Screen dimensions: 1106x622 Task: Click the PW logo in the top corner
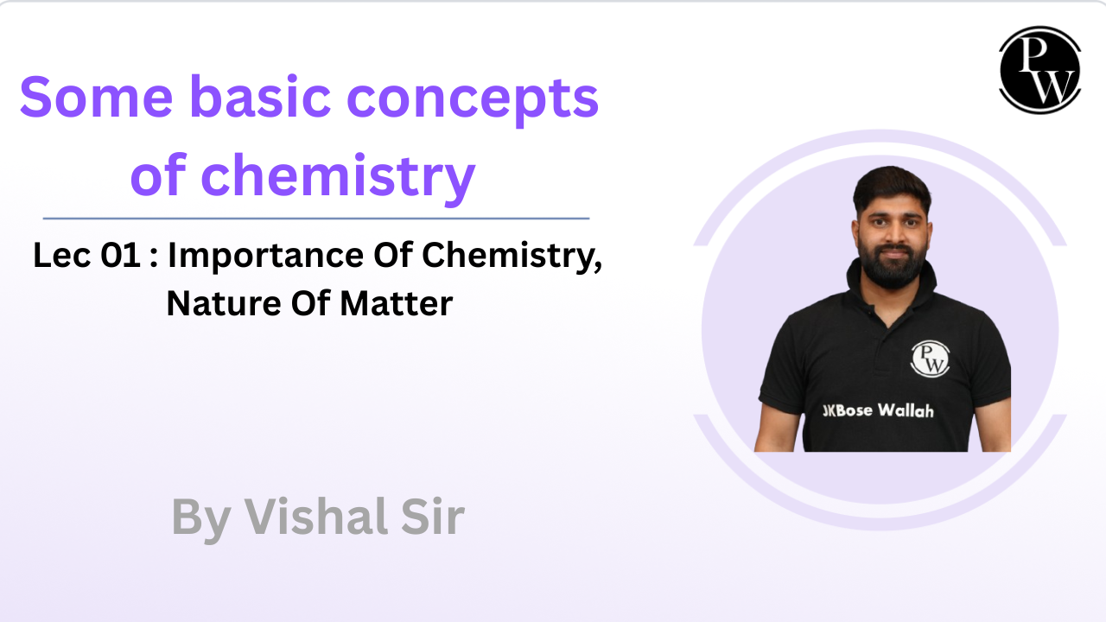click(1039, 70)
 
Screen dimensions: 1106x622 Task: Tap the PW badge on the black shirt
click(930, 359)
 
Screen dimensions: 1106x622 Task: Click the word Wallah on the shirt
click(906, 410)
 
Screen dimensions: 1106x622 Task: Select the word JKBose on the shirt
click(848, 410)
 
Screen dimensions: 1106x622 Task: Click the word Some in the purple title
click(96, 98)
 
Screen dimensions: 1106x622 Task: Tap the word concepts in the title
click(473, 101)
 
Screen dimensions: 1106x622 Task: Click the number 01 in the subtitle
click(120, 256)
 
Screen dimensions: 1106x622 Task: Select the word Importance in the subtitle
click(267, 257)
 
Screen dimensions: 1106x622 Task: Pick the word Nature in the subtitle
click(224, 304)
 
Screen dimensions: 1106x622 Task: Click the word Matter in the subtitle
click(397, 304)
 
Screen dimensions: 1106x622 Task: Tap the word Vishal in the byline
click(316, 517)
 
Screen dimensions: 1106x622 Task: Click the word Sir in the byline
click(433, 517)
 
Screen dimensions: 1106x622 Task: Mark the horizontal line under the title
click(316, 219)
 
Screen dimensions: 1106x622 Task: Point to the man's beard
click(893, 267)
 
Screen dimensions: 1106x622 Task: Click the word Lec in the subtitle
click(62, 256)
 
